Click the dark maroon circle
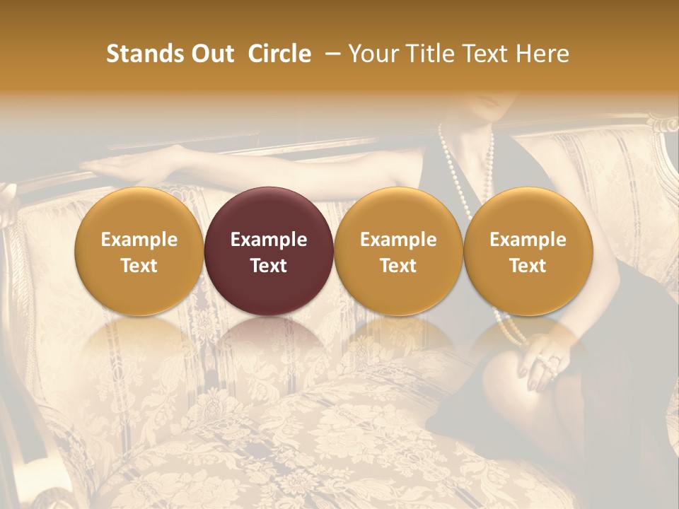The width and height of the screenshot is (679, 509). [269, 251]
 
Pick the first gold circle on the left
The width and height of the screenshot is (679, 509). [139, 251]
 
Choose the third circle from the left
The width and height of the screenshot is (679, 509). [398, 251]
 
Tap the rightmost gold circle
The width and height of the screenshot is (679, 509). [528, 251]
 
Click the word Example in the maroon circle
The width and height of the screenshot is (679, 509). [269, 240]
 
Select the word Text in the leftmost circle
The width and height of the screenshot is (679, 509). [139, 266]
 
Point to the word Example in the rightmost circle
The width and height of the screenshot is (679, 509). [528, 240]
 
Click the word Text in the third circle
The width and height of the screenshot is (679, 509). [398, 266]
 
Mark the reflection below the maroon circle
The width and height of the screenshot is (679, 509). [269, 346]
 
